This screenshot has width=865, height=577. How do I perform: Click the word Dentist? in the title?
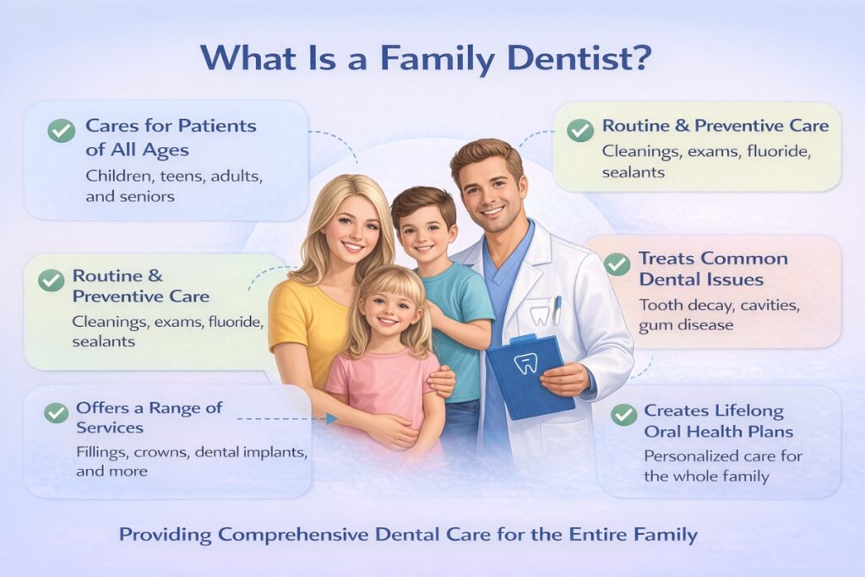588,58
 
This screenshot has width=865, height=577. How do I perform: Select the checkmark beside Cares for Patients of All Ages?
61,130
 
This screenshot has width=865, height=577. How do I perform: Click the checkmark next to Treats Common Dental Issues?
617,263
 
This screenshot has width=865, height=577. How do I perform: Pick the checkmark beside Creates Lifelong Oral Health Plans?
623,414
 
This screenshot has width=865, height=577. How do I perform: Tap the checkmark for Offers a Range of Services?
57,412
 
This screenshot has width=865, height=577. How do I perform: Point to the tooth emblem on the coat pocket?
539,316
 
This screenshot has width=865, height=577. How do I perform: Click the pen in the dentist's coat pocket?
558,309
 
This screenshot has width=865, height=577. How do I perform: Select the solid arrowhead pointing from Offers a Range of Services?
330,418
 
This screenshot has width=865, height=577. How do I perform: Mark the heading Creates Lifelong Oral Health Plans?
718,421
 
